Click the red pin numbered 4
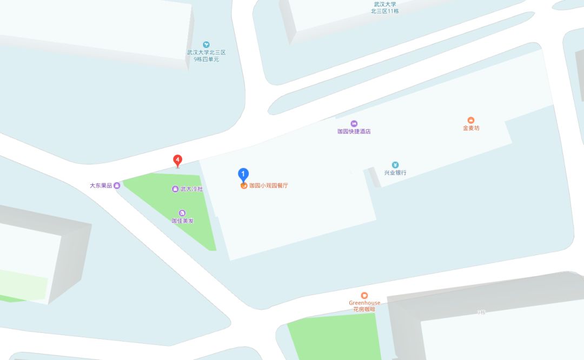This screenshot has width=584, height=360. pos(177,160)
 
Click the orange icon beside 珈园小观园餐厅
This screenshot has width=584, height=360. pos(244,185)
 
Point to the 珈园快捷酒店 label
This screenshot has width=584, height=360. pos(354,131)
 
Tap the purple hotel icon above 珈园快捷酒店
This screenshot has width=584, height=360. pos(354,123)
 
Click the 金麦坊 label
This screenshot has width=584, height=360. pos(471,128)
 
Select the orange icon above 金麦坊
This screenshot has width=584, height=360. pos(471,120)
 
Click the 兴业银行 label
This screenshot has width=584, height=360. pos(395,173)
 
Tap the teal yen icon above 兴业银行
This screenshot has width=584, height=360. pos(395,165)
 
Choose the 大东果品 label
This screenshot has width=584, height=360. pos(101,185)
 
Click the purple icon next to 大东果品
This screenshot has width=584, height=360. pos(117,185)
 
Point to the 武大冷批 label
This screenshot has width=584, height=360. pos(191,189)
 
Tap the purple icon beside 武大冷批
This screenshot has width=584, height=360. pos(175,189)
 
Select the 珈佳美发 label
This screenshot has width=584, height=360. pos(182,221)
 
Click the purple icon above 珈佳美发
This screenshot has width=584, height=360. pos(182,213)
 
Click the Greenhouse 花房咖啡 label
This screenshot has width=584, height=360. pos(364,306)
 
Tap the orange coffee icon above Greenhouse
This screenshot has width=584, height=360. pos(364,295)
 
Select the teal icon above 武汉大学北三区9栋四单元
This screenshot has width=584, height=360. pos(206,45)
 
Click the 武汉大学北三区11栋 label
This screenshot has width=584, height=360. pos(385,8)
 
